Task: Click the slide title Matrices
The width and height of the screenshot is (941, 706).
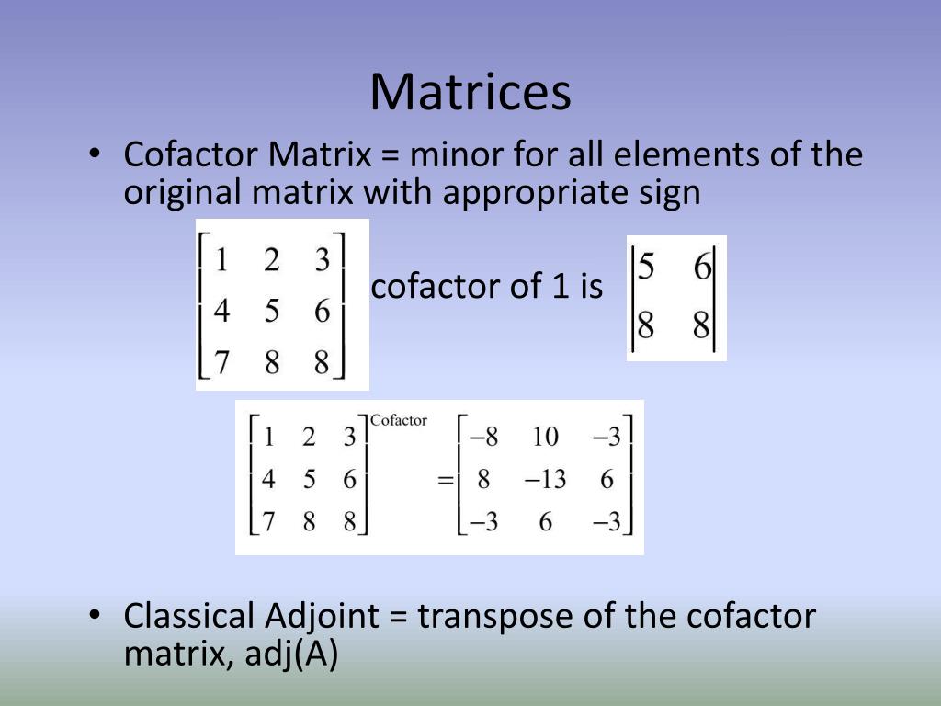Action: coord(470,92)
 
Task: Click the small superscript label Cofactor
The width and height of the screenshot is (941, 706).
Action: coord(399,420)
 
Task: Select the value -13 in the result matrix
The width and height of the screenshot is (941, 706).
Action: coord(545,479)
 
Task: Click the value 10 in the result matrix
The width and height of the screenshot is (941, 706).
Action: coord(545,436)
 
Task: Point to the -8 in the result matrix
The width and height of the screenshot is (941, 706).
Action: coord(483,436)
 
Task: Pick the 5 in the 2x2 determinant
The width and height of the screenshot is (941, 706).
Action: coord(646,268)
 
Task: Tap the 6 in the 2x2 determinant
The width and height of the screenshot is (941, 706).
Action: coord(702,268)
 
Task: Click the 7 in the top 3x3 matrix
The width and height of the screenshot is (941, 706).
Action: coord(221,362)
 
